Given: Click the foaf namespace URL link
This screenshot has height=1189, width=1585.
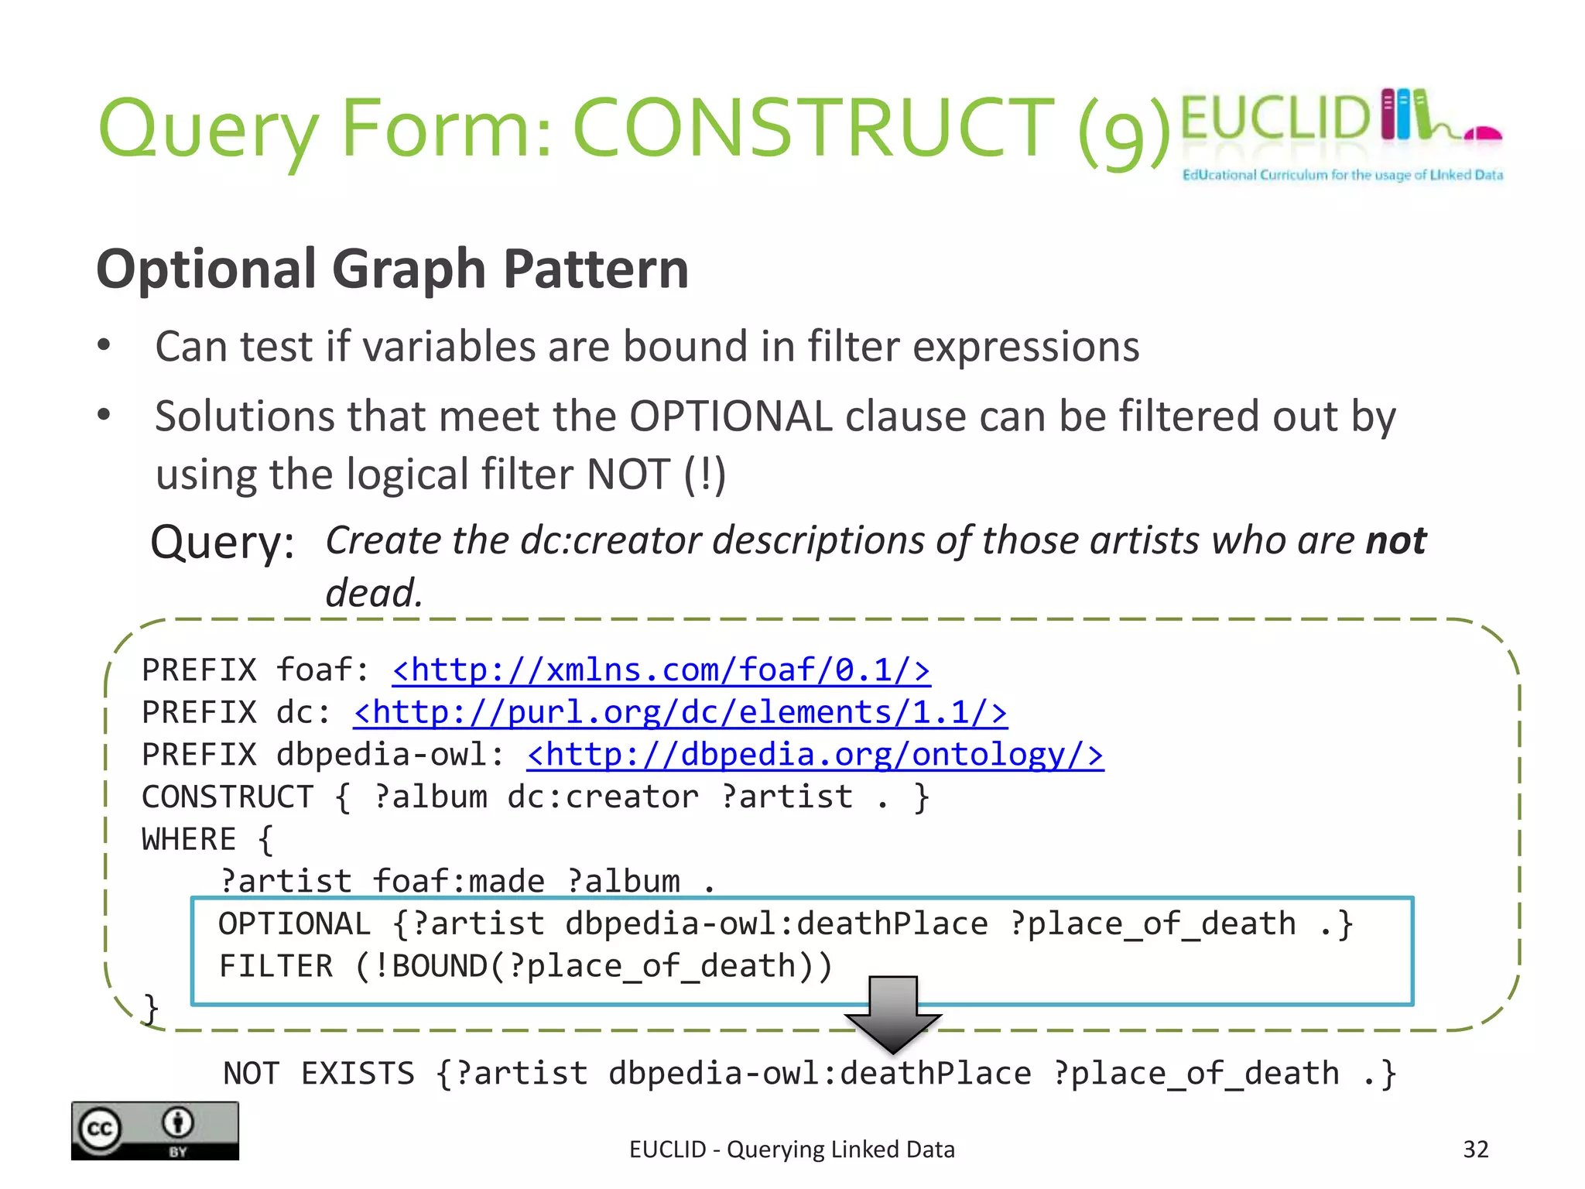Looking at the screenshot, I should pyautogui.click(x=661, y=670).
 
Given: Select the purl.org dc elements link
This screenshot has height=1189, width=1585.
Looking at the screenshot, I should pyautogui.click(x=680, y=713).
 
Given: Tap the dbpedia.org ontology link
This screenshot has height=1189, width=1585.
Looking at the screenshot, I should pyautogui.click(x=815, y=756).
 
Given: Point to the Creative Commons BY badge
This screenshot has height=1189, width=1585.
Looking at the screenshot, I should pyautogui.click(x=155, y=1131).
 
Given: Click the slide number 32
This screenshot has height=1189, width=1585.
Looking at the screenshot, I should pyautogui.click(x=1475, y=1150).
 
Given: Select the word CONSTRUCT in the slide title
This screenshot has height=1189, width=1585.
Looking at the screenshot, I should pyautogui.click(x=813, y=128).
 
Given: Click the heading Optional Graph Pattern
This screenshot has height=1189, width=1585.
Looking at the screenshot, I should pyautogui.click(x=392, y=269).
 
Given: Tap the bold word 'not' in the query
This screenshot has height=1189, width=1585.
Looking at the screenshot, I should pyautogui.click(x=1395, y=540).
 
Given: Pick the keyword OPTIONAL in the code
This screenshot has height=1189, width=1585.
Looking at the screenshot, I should pyautogui.click(x=294, y=924).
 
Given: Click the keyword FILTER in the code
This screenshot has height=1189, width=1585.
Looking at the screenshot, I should pyautogui.click(x=276, y=967).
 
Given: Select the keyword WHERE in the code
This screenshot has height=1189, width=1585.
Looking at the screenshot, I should pyautogui.click(x=189, y=840).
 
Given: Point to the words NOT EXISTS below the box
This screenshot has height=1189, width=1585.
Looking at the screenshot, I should pyautogui.click(x=319, y=1074).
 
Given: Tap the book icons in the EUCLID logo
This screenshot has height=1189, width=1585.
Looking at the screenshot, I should pyautogui.click(x=1405, y=115).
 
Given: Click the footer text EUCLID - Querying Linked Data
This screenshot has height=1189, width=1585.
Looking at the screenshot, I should pyautogui.click(x=792, y=1150).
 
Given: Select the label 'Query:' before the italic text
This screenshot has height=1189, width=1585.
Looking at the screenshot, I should pyautogui.click(x=222, y=543).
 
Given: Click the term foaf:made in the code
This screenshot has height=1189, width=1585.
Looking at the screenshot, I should pyautogui.click(x=458, y=882).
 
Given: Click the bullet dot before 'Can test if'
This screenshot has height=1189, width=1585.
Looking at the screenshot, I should pyautogui.click(x=104, y=345).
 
